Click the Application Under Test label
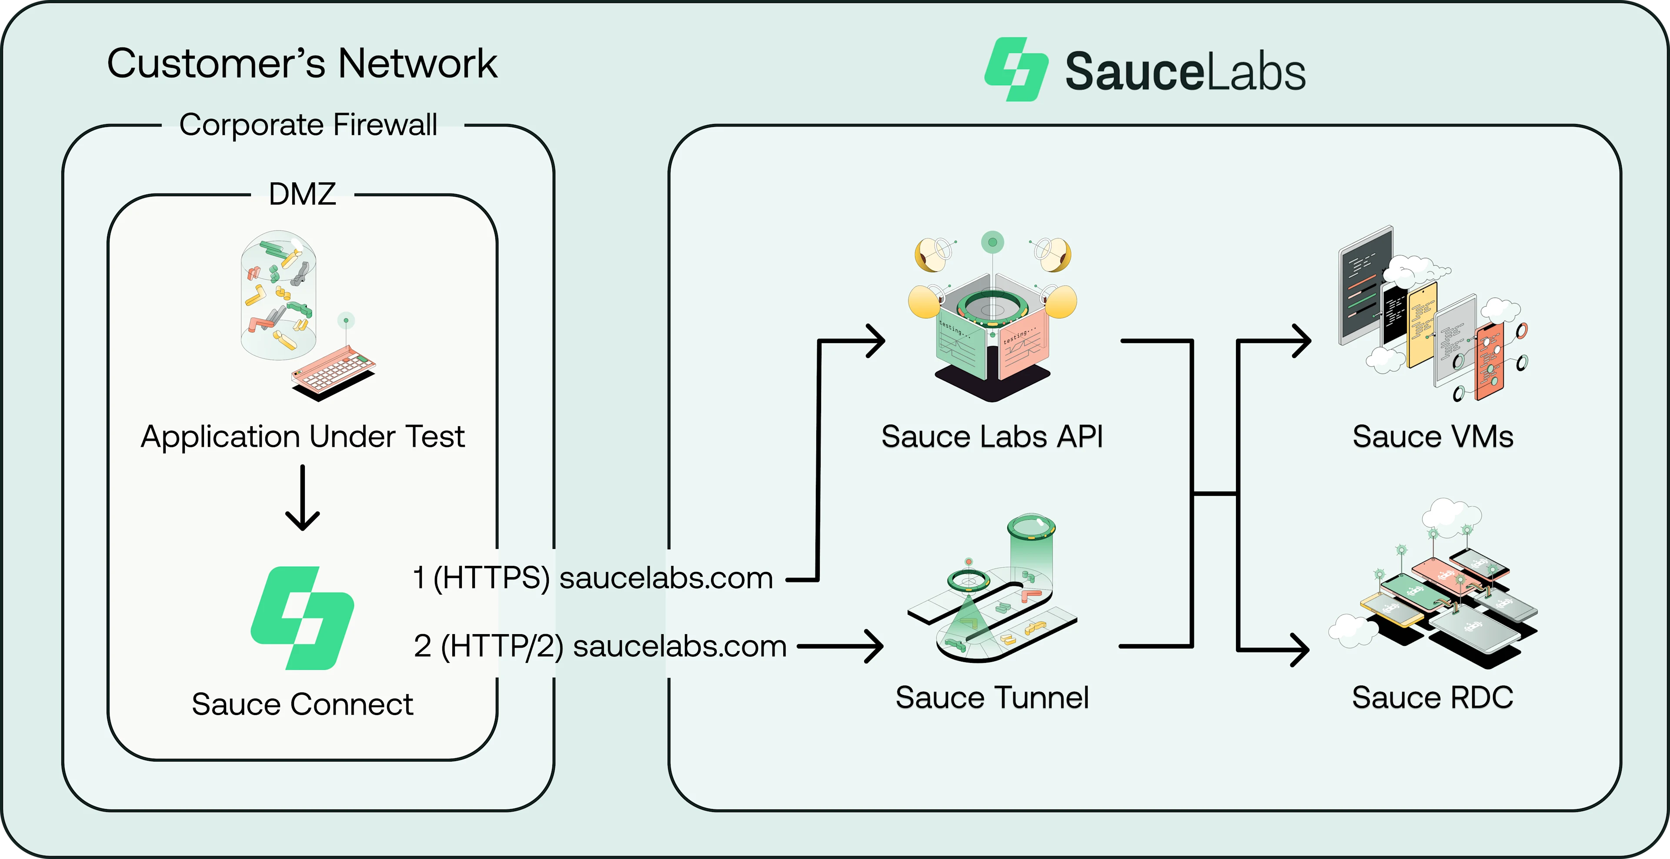click(303, 436)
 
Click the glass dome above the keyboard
click(279, 295)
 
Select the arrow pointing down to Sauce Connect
click(303, 498)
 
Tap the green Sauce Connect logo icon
click(303, 618)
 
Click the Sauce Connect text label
click(302, 704)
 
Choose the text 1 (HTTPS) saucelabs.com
click(592, 578)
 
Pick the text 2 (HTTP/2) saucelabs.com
click(600, 646)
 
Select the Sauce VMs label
click(1433, 436)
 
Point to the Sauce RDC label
click(1433, 698)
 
